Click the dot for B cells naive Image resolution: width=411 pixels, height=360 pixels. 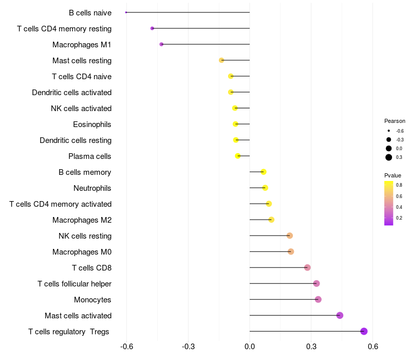[126, 12]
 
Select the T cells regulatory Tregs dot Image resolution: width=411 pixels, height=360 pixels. [364, 331]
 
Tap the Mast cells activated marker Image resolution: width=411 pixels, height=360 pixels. [340, 315]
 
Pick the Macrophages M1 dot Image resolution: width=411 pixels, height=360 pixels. [161, 44]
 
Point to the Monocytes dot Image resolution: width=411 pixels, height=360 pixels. [318, 299]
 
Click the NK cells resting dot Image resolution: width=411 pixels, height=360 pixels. [290, 236]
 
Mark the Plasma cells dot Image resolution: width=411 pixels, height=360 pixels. [238, 156]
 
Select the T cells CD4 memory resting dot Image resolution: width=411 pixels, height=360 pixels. [152, 28]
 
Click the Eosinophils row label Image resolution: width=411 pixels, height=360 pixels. [92, 124]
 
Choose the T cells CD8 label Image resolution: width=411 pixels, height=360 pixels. [91, 268]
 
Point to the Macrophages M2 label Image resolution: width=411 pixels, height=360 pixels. [82, 220]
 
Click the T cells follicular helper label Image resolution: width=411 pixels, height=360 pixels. [74, 284]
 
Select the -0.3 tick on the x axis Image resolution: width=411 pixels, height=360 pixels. [188, 347]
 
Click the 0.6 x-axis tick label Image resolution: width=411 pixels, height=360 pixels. [373, 347]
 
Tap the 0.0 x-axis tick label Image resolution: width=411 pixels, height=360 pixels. [250, 347]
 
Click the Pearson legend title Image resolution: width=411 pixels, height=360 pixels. [395, 121]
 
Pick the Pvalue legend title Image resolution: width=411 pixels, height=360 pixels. [393, 175]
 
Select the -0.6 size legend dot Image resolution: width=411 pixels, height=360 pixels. [389, 131]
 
